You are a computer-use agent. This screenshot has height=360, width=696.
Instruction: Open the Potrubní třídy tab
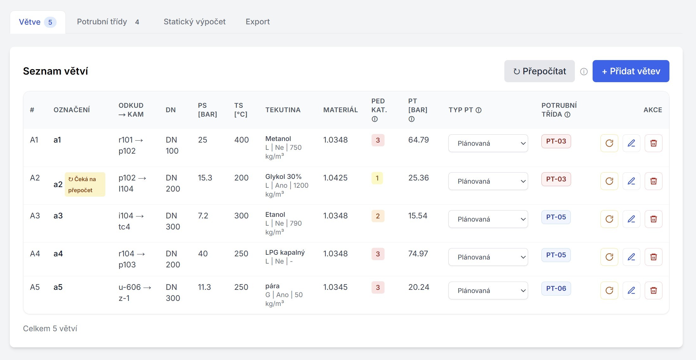(108, 22)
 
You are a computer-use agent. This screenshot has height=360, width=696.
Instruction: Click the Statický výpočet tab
(194, 22)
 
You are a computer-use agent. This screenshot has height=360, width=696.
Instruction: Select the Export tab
(257, 22)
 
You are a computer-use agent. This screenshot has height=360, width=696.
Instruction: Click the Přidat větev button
(631, 71)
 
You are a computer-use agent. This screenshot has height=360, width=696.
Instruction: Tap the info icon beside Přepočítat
(584, 72)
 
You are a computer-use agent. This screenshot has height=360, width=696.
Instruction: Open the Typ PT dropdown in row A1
(488, 143)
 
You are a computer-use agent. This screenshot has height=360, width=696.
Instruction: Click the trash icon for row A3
(653, 219)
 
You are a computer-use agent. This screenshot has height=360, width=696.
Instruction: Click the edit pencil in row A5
(631, 290)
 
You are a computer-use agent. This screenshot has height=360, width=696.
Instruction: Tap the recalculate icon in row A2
(609, 181)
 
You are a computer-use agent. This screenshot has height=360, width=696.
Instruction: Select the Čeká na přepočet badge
(85, 185)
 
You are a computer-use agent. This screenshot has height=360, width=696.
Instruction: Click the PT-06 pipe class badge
(556, 289)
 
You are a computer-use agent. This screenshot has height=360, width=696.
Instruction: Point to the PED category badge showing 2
(378, 216)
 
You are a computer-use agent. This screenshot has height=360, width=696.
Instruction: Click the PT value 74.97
(418, 253)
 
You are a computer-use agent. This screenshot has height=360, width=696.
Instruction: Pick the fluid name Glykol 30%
(283, 177)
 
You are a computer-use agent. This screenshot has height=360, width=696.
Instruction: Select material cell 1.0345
(335, 287)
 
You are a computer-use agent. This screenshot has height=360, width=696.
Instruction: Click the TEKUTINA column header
(283, 110)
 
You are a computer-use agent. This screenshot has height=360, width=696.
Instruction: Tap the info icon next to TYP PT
(478, 110)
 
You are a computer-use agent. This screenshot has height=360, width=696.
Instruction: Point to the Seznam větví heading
(55, 71)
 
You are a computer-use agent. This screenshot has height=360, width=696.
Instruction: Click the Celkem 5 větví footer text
(50, 329)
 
